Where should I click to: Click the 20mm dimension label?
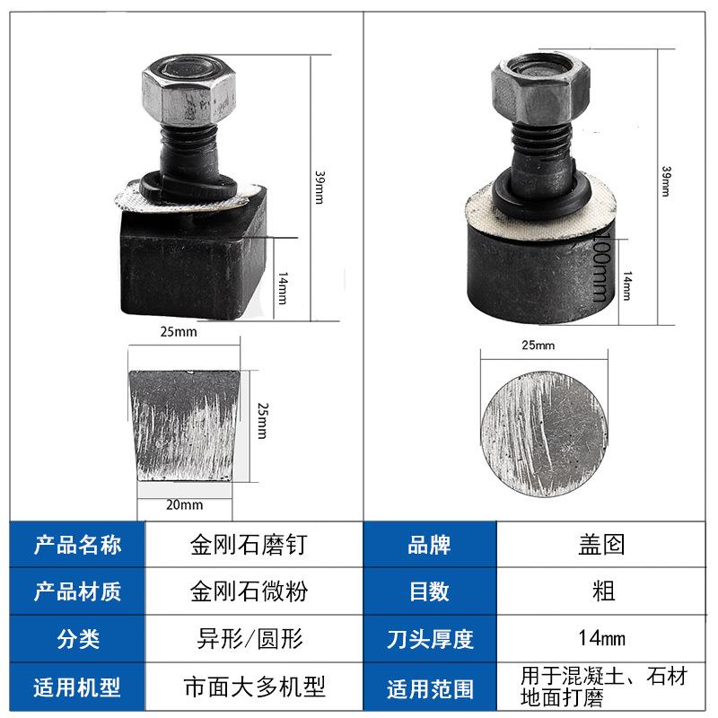click(185, 504)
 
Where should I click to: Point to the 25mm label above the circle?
click(538, 345)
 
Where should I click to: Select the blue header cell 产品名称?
click(77, 545)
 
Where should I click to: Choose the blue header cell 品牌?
click(430, 545)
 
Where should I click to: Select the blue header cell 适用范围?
click(430, 688)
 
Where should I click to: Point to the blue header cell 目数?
click(430, 592)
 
